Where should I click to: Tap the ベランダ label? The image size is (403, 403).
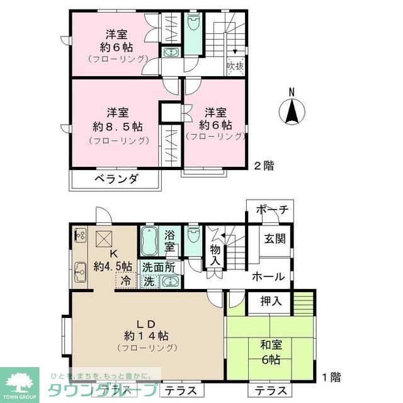(116, 179)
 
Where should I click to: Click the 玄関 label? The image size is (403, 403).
(275, 239)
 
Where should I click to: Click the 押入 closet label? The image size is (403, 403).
(271, 302)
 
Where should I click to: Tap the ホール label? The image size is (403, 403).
(268, 276)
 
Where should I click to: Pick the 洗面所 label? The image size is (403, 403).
(159, 266)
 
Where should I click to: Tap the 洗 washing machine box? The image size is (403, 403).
(149, 281)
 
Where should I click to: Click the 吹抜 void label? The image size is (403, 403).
(234, 65)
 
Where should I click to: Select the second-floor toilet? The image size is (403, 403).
(193, 25)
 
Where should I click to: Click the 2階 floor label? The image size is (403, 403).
(264, 166)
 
